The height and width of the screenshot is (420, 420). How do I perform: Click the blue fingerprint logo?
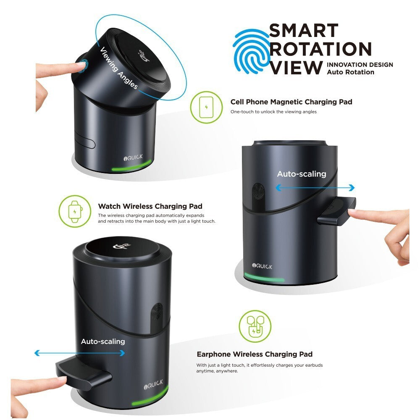coord(251,51)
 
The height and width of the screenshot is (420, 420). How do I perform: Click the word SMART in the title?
coord(304,31)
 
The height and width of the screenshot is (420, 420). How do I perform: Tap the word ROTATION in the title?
coord(320,49)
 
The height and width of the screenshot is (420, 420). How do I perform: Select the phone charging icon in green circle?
coord(206,107)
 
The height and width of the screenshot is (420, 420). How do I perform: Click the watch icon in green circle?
coord(75,211)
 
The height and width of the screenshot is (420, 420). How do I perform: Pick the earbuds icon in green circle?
coord(255,326)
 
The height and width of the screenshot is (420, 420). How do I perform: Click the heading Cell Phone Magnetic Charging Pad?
coord(291,102)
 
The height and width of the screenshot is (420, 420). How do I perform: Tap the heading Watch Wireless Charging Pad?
coord(150,206)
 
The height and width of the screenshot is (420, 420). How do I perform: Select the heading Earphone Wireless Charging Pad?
coord(255,354)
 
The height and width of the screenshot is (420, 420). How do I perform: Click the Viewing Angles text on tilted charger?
coord(119,68)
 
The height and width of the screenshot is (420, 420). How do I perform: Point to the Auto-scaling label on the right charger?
coord(302,174)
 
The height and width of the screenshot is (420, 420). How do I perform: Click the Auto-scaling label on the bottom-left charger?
coord(103,341)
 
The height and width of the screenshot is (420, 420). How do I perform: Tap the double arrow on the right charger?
coord(315,188)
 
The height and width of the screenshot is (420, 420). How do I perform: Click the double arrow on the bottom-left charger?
coord(79,353)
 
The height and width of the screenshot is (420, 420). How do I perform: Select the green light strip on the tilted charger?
coord(131,166)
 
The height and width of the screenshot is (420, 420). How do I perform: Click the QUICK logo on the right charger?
coord(262,266)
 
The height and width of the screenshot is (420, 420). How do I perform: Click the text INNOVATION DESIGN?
coord(360,65)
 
